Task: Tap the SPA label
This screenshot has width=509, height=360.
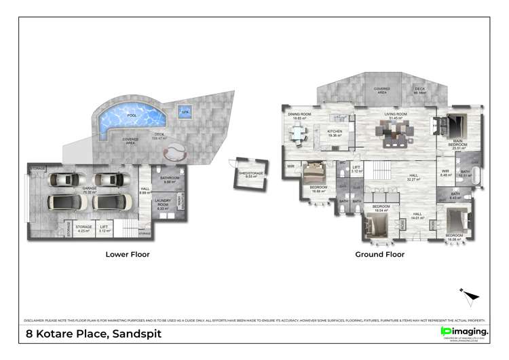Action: pyautogui.click(x=185, y=112)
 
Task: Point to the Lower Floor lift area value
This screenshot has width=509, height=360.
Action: pyautogui.click(x=103, y=231)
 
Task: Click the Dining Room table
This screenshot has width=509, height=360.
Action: pyautogui.click(x=299, y=134)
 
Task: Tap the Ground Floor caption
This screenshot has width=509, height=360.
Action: pyautogui.click(x=380, y=255)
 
